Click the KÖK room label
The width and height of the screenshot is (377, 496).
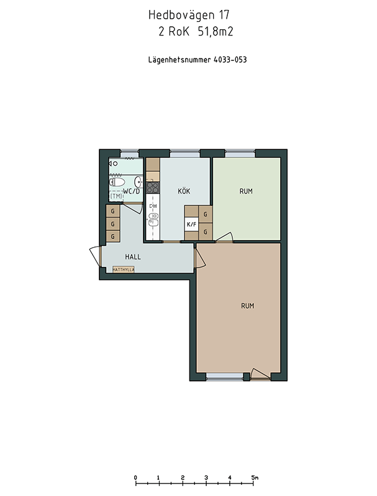184,191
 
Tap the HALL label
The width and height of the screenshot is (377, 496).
133,257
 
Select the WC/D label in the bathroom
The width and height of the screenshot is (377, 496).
131,191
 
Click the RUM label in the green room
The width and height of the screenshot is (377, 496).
246,191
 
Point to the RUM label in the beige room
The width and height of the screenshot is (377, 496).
248,306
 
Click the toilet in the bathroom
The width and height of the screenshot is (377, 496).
117,182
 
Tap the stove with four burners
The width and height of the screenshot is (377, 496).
153,187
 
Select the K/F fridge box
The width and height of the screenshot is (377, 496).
191,225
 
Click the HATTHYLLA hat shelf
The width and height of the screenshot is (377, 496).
124,269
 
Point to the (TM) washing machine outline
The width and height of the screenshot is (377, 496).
116,196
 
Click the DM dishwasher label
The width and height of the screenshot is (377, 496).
153,206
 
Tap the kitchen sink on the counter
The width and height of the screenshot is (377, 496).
153,220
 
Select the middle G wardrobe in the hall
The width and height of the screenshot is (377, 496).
112,224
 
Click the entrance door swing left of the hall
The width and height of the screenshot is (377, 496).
95,256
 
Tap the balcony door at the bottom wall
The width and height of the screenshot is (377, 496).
260,374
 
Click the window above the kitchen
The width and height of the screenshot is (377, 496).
185,154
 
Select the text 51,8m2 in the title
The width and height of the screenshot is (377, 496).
216,32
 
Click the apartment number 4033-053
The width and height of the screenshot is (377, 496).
230,60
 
